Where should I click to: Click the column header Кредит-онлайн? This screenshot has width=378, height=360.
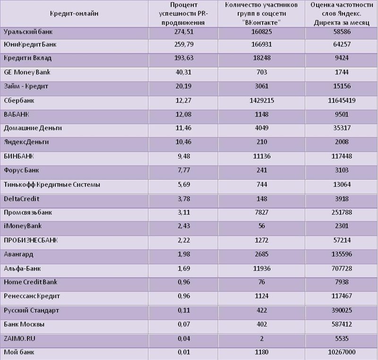[74, 14]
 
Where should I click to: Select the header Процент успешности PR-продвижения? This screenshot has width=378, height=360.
[183, 14]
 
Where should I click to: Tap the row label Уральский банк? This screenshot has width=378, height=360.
[28, 32]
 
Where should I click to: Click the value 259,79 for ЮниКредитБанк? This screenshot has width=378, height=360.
[183, 44]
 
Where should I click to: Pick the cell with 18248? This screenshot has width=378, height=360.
[262, 58]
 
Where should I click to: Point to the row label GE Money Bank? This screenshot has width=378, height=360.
[27, 72]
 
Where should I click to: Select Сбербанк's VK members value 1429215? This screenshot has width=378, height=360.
[262, 101]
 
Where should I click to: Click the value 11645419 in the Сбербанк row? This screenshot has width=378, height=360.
[342, 101]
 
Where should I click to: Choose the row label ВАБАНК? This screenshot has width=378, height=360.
[17, 114]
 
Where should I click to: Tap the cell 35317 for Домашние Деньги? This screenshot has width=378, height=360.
[342, 128]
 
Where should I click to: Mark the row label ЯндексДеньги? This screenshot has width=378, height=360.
[26, 142]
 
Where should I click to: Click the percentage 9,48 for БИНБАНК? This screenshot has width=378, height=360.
[183, 156]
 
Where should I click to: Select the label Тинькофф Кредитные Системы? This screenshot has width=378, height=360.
[52, 185]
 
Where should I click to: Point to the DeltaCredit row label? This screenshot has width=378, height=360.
[21, 199]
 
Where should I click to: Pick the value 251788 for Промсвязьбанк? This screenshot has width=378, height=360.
[342, 213]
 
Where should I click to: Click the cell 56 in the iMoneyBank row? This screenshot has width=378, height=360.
[262, 226]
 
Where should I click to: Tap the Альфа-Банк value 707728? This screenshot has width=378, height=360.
[342, 269]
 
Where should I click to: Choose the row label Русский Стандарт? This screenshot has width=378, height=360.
[31, 310]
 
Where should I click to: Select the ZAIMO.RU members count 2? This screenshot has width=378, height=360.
[262, 339]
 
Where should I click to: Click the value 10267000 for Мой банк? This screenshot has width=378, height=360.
[342, 352]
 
